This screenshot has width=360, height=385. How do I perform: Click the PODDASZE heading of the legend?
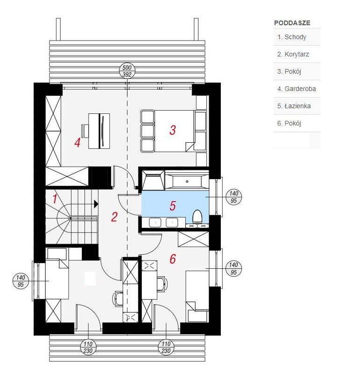292,23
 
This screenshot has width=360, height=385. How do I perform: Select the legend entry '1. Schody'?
292,37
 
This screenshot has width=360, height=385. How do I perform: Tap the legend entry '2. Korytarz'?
293,54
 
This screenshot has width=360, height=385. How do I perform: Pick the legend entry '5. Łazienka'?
294,106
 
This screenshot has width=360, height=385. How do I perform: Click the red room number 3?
172,130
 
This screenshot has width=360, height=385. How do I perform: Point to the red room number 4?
77,143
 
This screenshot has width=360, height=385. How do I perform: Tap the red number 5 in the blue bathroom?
172,205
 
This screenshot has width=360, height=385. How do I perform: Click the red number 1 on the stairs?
55,199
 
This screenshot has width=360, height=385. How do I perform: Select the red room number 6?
172,259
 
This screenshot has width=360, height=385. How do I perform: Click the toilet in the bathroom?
197,217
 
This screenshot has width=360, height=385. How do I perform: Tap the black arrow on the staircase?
95,203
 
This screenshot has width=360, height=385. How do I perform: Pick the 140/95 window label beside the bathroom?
234,197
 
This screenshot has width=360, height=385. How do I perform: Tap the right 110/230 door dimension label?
167,348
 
